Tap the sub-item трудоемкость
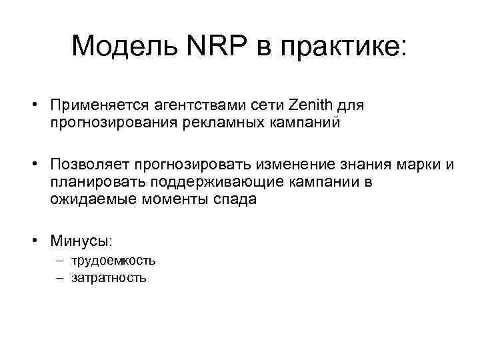115,261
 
